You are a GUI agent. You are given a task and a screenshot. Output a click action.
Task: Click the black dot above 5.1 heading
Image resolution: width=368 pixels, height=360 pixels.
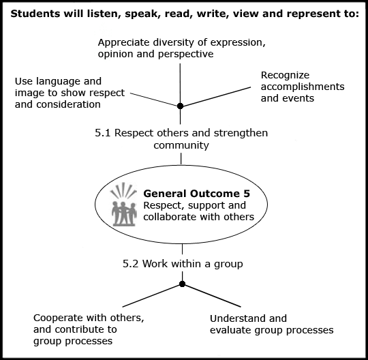point(180,106)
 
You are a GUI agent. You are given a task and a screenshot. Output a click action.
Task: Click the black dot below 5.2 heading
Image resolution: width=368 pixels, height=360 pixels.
point(182,284)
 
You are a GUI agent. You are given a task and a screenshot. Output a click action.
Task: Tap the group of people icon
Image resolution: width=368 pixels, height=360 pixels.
point(123,205)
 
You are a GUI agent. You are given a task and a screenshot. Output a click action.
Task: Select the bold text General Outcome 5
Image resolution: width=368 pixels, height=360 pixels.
point(197,194)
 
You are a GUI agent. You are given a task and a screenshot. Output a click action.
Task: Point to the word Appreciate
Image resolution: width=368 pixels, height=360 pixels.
point(123,43)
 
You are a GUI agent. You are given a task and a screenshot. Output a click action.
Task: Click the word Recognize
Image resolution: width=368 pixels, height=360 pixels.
point(285,76)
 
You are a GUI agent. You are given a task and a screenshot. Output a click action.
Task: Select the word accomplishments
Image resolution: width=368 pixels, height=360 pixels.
point(303,87)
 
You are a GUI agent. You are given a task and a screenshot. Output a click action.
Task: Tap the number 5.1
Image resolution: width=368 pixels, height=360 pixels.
point(102,133)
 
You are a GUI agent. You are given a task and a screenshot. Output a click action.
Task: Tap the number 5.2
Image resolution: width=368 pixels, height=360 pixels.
point(130,264)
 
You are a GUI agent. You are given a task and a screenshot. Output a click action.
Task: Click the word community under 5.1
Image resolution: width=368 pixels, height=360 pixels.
point(181,145)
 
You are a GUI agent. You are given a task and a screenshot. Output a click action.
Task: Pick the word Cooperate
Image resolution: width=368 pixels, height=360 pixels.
point(59,318)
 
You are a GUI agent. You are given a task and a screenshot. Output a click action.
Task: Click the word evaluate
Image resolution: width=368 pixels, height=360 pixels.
point(231,330)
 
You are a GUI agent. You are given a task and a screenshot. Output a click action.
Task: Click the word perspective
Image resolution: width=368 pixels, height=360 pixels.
point(185,55)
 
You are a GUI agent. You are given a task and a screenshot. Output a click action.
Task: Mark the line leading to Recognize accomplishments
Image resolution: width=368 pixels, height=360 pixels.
point(215,97)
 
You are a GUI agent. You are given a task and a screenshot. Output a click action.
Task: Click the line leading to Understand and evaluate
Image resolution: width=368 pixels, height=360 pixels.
point(211,295)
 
